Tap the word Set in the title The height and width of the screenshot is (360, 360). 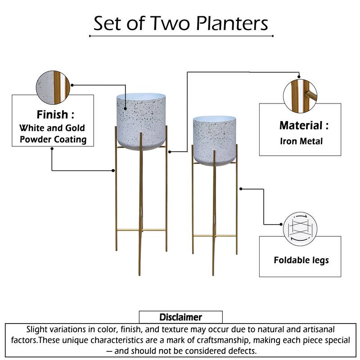pos(108,23)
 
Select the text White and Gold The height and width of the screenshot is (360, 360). pos(52,128)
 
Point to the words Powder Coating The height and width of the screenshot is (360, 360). pos(52,139)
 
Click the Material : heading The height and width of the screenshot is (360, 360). pos(304,126)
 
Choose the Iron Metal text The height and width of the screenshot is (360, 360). pos(301,141)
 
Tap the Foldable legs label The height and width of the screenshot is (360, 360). pos(301,260)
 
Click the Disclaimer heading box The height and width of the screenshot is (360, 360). pos(180,317)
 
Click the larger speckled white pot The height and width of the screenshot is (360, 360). pos(140,119)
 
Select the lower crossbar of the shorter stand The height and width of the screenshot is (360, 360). pos(215,236)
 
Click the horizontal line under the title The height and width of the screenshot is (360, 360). pos(181,36)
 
